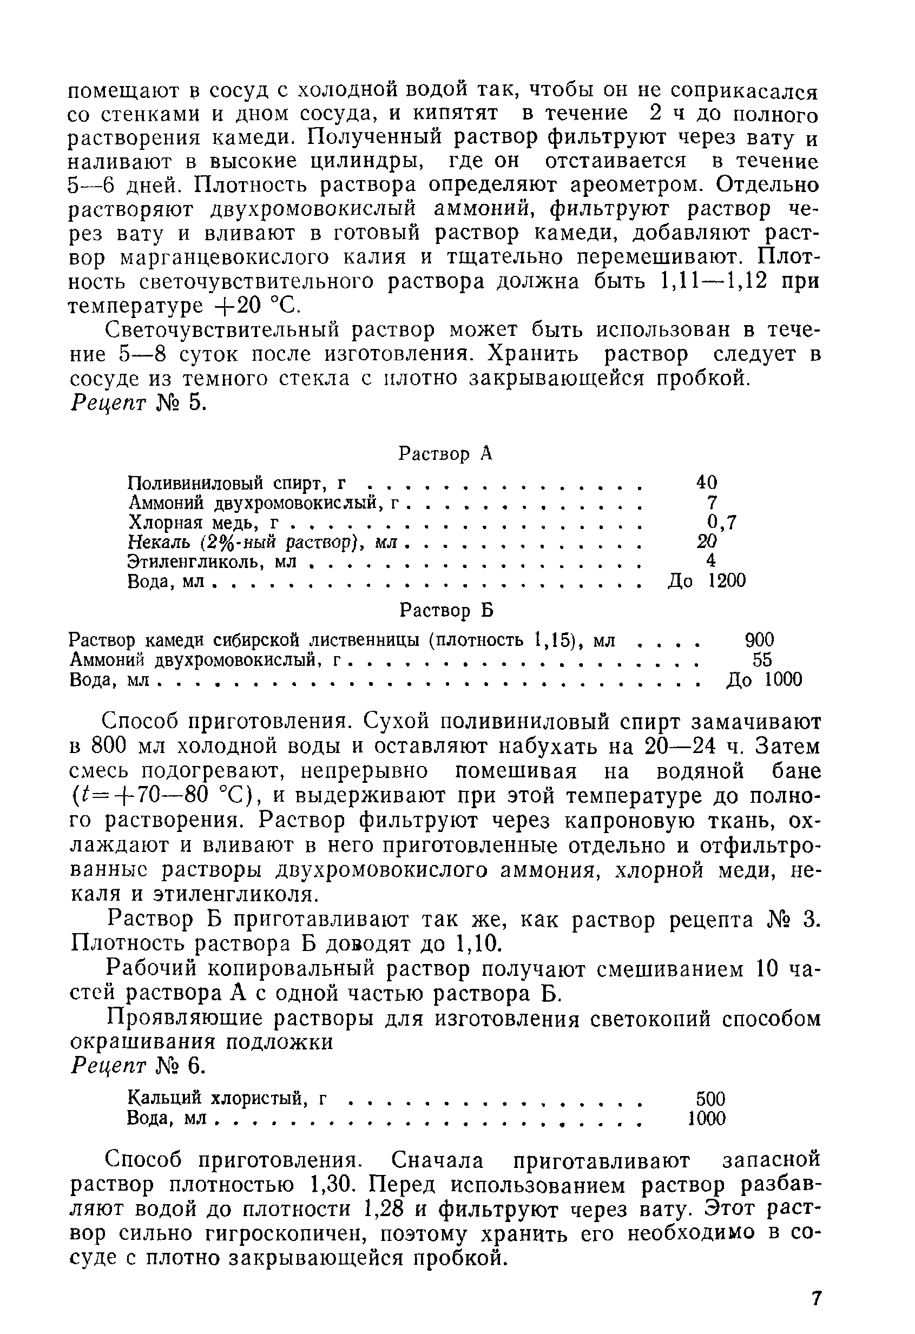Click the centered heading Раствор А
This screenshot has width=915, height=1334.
[445, 454]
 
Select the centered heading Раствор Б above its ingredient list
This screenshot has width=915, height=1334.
[446, 611]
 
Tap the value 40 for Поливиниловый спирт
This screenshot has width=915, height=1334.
[707, 482]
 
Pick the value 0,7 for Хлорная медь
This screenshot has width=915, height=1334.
[721, 522]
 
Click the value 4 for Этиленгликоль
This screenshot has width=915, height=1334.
[710, 561]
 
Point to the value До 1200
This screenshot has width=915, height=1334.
[707, 581]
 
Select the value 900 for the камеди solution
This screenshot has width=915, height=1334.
[759, 639]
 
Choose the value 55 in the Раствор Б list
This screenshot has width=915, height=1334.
[762, 659]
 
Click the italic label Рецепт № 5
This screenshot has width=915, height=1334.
[138, 404]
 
